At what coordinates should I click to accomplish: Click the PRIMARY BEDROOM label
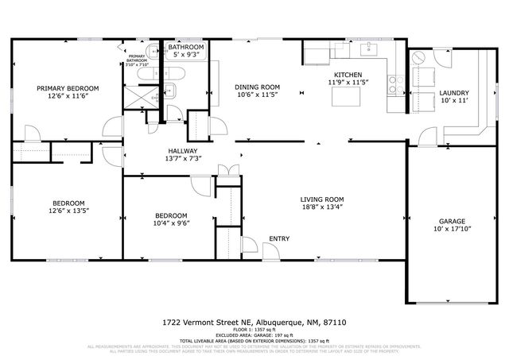(67, 88)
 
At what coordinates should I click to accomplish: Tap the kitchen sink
(368, 49)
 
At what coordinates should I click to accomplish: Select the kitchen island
(347, 96)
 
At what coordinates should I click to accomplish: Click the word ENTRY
(278, 238)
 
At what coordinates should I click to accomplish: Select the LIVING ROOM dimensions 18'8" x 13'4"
(321, 208)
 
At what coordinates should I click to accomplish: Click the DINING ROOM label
(257, 87)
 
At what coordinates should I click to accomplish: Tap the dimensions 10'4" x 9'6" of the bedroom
(170, 225)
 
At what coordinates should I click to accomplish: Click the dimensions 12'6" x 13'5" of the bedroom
(68, 212)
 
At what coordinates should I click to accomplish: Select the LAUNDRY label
(454, 93)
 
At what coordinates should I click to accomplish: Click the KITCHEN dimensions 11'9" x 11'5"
(347, 82)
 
